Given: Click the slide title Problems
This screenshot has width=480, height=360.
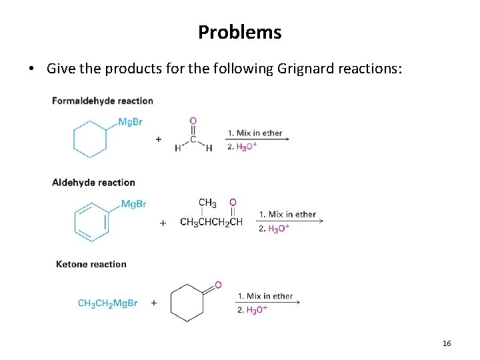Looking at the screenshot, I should [239, 32].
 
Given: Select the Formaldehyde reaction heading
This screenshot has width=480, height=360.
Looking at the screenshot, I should [103, 101].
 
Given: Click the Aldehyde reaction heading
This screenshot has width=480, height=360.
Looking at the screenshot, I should [93, 182].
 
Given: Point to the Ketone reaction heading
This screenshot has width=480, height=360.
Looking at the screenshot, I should [91, 264].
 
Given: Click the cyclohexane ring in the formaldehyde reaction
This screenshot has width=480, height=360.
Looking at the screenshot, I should [90, 139].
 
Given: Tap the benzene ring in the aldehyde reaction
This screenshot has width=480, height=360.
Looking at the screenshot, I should [91, 221].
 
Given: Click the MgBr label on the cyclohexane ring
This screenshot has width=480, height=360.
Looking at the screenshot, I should [130, 121].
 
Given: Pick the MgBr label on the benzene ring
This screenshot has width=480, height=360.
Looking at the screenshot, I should [133, 203].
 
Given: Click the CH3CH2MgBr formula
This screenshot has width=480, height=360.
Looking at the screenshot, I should [107, 303].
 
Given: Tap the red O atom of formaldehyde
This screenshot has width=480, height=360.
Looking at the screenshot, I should [193, 121].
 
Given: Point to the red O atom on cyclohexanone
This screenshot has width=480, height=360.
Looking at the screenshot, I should [218, 285].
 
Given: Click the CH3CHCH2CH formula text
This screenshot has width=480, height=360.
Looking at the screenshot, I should [211, 222].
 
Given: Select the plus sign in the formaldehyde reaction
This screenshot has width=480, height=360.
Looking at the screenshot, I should [158, 139].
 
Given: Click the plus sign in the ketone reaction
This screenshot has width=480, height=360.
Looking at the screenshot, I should [154, 303].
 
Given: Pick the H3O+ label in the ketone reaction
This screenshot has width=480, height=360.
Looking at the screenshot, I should [257, 310].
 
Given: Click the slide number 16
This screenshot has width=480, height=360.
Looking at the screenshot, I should [447, 343].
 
